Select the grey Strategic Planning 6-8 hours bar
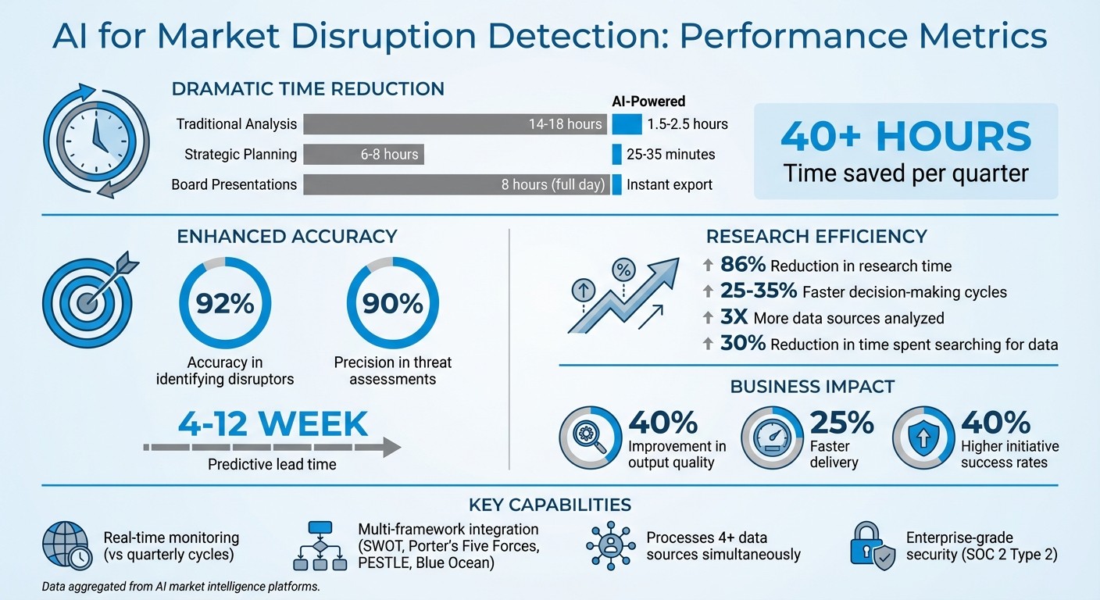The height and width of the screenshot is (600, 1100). [363, 154]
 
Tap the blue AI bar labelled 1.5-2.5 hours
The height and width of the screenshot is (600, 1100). [627, 123]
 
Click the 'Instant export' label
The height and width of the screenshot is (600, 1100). [670, 185]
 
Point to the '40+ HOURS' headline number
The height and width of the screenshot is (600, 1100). [905, 137]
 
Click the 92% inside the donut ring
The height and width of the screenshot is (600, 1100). [225, 303]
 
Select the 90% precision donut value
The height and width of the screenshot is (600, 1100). [392, 303]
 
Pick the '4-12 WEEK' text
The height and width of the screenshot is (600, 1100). [273, 423]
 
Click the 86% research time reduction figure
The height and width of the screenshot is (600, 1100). [742, 266]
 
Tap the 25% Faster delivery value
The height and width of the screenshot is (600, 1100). [841, 423]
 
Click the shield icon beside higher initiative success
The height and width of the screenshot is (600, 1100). [923, 437]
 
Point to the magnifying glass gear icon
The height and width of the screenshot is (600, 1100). [590, 437]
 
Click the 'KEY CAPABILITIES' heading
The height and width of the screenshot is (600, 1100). [550, 505]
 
